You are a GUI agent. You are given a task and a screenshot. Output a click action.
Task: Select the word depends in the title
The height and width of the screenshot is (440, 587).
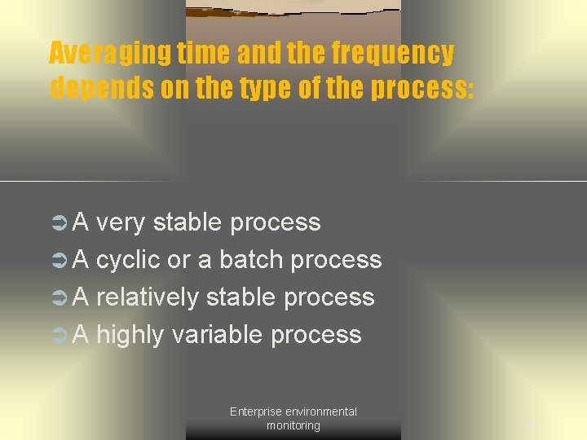pyautogui.click(x=102, y=87)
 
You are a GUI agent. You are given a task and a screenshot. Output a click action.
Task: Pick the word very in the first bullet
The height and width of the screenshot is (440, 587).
pyautogui.click(x=121, y=222)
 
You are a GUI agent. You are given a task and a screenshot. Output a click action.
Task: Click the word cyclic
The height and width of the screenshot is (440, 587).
pyautogui.click(x=128, y=260)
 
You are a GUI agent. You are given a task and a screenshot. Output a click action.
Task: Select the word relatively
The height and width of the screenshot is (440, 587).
pyautogui.click(x=148, y=297)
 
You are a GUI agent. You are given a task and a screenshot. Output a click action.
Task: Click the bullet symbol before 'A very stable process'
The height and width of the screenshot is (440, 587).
pyautogui.click(x=60, y=222)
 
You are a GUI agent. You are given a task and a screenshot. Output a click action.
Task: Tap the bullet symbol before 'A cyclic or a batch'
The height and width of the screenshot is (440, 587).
pyautogui.click(x=60, y=260)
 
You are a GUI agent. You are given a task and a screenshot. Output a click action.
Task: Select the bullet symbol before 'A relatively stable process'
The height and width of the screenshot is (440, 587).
pyautogui.click(x=60, y=297)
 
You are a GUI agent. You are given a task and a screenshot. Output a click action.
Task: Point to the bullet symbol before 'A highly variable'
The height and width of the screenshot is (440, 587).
pyautogui.click(x=60, y=335)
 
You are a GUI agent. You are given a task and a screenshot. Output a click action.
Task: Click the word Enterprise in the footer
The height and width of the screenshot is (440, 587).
pyautogui.click(x=255, y=411)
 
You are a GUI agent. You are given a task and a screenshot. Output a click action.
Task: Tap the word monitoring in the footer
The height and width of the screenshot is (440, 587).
pyautogui.click(x=293, y=425)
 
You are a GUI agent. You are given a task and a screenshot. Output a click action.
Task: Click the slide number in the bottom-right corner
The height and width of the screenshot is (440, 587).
pyautogui.click(x=531, y=425)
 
